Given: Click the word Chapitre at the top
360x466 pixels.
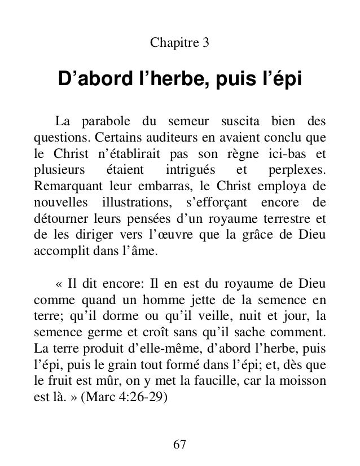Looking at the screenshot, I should (170, 42).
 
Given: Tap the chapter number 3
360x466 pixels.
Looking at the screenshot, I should (206, 42).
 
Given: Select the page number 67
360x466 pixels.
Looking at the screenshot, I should (179, 443).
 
